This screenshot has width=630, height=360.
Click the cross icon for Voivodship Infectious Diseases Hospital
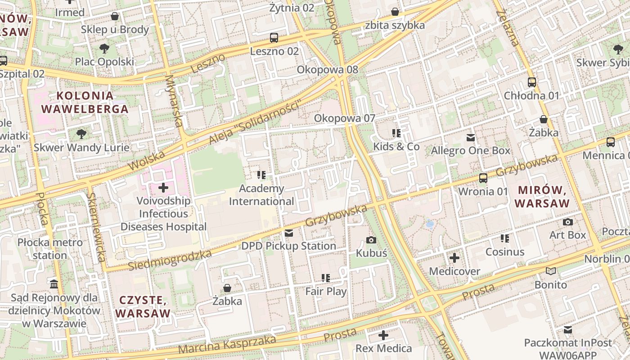[163, 187]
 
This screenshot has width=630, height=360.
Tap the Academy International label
[261, 195]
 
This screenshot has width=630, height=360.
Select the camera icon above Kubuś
[371, 240]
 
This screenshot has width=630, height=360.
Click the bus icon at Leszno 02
[274, 37]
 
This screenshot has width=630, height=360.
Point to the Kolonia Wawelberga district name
[85, 102]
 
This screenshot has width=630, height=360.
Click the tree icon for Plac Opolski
[104, 48]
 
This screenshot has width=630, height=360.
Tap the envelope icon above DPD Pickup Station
[288, 233]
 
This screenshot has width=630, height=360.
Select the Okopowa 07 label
[344, 118]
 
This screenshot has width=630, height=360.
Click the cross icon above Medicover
[454, 258]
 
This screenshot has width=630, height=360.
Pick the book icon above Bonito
[551, 271]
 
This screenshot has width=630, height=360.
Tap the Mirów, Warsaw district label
[542, 196]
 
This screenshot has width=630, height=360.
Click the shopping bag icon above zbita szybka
[395, 11]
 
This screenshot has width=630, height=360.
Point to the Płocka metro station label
[50, 249]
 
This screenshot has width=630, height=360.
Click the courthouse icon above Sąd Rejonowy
[54, 284]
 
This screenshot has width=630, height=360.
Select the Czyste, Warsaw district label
[143, 306]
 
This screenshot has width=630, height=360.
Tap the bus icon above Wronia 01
[483, 178]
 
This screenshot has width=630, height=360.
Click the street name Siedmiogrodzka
[170, 261]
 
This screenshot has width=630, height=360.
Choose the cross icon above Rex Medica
[383, 335]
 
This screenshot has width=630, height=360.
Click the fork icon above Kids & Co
[396, 133]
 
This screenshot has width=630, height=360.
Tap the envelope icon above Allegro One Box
[470, 137]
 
